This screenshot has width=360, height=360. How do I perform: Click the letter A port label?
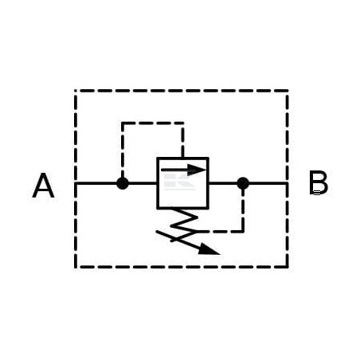[43, 186]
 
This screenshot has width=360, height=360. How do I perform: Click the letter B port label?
[319, 183]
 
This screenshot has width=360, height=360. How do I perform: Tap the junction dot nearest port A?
[123, 183]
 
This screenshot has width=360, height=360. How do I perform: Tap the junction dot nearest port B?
[243, 183]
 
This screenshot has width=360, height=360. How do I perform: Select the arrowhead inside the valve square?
[197, 170]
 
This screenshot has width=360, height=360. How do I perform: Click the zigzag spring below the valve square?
[184, 225]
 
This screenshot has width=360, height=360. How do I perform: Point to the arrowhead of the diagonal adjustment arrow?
[209, 249]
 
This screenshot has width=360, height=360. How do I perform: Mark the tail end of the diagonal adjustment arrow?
[157, 232]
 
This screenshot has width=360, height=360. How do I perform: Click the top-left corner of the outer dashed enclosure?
[76, 91]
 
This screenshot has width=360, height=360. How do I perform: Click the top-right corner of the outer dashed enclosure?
[288, 91]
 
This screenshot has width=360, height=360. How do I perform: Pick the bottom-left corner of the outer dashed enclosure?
[76, 267]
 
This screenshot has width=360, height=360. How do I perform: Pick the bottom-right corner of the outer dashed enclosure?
[288, 267]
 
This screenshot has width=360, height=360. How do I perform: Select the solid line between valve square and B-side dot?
[223, 183]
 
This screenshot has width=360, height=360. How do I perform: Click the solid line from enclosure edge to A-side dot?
[96, 183]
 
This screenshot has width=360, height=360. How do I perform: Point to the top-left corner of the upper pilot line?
[123, 123]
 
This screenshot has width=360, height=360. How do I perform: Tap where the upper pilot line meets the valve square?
[183, 158]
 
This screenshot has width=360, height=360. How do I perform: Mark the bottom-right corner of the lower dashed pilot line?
[243, 232]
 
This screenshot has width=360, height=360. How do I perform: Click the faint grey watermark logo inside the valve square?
[179, 182]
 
